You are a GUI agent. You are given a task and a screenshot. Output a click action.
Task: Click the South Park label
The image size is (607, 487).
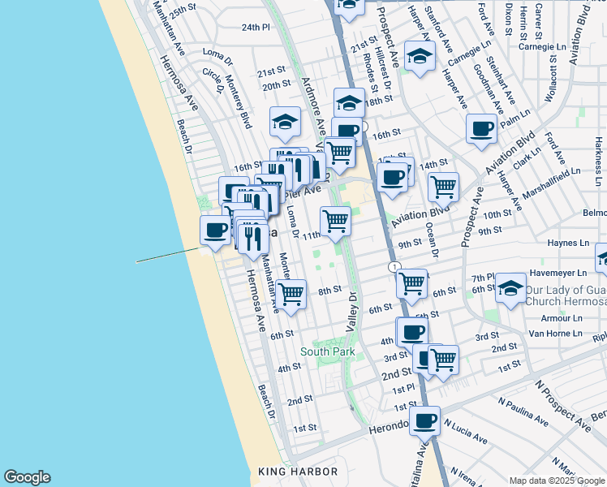[x=328, y=351]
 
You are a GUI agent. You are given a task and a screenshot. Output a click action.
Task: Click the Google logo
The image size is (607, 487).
[x=27, y=477]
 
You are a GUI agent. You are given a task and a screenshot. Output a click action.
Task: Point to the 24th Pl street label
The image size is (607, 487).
[x=255, y=27]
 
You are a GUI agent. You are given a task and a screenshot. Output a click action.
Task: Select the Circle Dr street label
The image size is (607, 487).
[x=213, y=80]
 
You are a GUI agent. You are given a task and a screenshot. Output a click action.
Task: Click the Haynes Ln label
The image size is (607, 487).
[x=568, y=243]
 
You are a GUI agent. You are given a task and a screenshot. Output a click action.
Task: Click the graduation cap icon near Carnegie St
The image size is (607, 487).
[x=419, y=56]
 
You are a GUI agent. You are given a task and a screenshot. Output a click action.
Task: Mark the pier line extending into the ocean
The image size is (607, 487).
[x=166, y=256]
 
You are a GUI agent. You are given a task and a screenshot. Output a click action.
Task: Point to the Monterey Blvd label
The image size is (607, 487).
[x=238, y=101]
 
